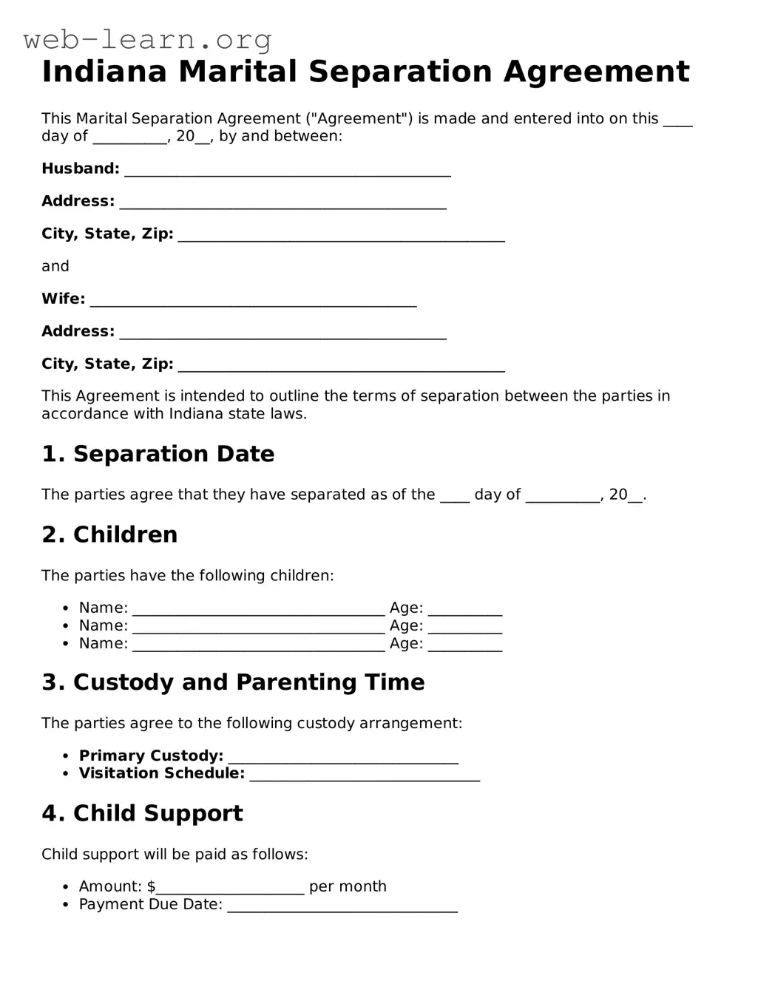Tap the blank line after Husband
pyautogui.click(x=288, y=171)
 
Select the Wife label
pyautogui.click(x=63, y=299)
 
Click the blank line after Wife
pyautogui.click(x=253, y=301)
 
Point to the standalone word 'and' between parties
pyautogui.click(x=55, y=266)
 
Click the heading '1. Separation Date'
pyautogui.click(x=158, y=454)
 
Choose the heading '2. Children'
pyautogui.click(x=109, y=534)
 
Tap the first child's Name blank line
pyautogui.click(x=259, y=610)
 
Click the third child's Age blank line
pyautogui.click(x=465, y=645)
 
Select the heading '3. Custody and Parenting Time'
pyautogui.click(x=233, y=682)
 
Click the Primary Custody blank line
pyautogui.click(x=343, y=758)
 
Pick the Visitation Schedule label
pyautogui.click(x=161, y=773)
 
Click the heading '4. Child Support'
pyautogui.click(x=142, y=813)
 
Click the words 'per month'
pyautogui.click(x=348, y=886)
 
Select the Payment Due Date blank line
pyautogui.click(x=342, y=906)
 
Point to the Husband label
pyautogui.click(x=80, y=169)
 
